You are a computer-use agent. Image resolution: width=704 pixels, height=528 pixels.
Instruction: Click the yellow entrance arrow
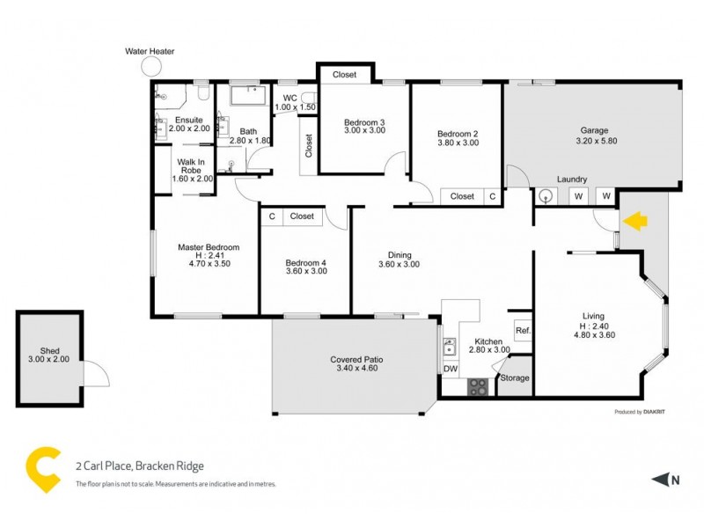634,222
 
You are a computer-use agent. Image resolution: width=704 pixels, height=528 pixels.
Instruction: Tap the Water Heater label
150,52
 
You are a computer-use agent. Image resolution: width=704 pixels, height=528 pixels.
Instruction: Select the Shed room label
49,349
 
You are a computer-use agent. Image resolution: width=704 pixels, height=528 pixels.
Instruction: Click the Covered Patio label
356,360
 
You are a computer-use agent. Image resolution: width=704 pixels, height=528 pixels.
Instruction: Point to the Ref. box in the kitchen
522,331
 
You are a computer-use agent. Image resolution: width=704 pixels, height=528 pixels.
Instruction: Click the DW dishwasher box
451,369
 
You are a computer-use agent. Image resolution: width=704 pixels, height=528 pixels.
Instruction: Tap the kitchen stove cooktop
478,385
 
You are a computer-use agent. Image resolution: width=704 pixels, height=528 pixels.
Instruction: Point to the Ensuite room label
189,120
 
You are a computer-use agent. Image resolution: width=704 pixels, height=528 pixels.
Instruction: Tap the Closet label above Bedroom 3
345,75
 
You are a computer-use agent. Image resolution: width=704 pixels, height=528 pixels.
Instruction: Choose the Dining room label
394,255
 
